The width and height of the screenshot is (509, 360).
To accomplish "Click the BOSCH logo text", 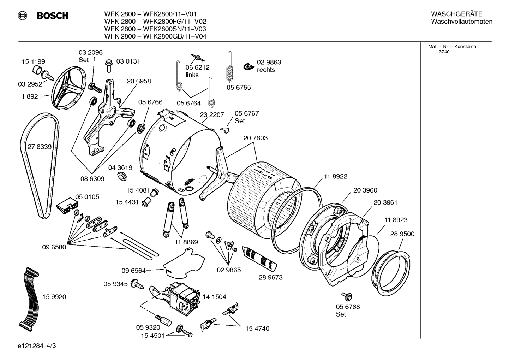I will pos(53,16).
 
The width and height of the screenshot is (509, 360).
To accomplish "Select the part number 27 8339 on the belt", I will pos(39,147).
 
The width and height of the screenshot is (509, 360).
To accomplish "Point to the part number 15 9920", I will pos(54,297).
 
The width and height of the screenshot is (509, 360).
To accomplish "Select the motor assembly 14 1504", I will pos(184,297).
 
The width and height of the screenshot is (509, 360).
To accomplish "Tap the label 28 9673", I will pos(270,277).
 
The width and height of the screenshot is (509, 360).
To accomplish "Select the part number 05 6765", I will pos(239,87).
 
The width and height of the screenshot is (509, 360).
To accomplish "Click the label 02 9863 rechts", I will pos(269,66).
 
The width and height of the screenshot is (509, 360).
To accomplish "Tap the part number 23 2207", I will pos(212,115).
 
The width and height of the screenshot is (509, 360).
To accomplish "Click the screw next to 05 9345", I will pos(137,283).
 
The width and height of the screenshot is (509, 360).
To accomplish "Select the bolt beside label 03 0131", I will pos(108,66).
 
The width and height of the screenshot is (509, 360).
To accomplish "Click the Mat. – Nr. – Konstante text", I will pos(452,46).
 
